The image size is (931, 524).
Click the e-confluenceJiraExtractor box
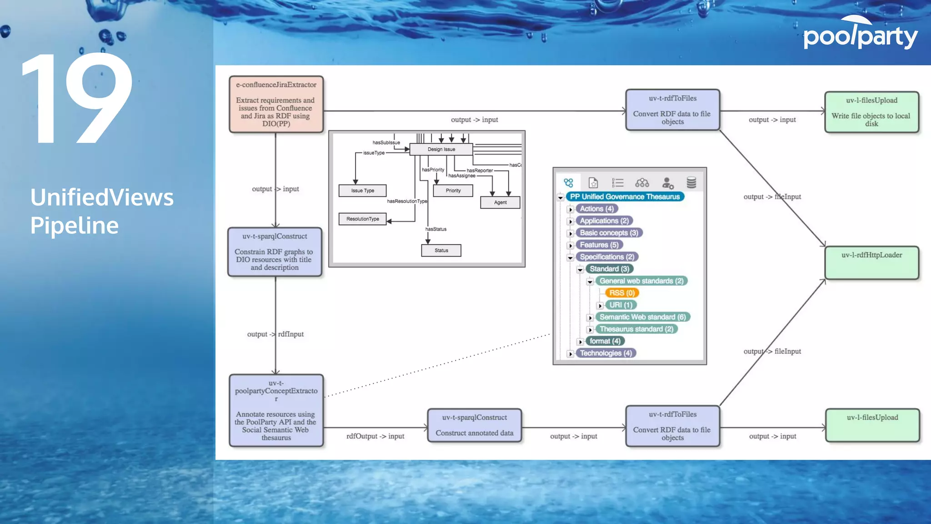pos(276,104)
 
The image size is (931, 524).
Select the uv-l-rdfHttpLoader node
pos(871,262)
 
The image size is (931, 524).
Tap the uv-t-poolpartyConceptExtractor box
pos(276,410)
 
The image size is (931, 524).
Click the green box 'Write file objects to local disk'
pos(871,112)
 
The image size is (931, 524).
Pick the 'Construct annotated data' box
pos(474,425)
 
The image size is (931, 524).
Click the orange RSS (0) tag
pos(622,293)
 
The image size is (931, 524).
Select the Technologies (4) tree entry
pos(606,353)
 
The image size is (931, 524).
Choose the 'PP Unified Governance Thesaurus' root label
pos(625,196)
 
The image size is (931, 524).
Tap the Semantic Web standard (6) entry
pos(642,317)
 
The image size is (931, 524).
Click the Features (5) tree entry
pos(599,245)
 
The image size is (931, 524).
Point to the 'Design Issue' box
pos(441,149)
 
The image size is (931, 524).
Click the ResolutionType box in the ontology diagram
pos(362,219)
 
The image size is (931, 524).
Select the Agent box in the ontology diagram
pos(500,202)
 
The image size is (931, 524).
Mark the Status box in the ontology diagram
pos(441,251)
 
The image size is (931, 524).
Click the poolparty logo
pos(860,34)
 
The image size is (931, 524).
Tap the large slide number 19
pos(77,98)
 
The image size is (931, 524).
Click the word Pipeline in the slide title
pos(75,226)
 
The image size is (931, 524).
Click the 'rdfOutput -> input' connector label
pos(375,436)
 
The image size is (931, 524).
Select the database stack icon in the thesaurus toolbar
pos(691,183)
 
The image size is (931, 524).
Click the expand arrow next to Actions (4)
pos(571,209)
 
